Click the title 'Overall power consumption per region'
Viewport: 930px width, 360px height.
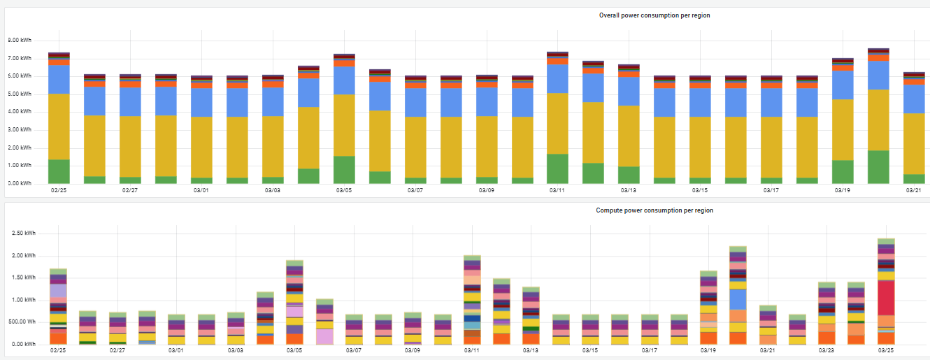(654, 15)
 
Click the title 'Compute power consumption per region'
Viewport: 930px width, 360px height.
(654, 210)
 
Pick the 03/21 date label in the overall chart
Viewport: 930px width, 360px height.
(913, 189)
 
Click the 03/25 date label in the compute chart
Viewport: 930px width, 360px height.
(886, 350)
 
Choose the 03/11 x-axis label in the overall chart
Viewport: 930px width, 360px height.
(557, 189)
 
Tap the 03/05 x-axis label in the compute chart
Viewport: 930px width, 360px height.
(294, 350)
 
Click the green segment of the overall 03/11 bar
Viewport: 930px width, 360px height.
(557, 168)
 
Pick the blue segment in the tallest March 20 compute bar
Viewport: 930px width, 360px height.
(738, 299)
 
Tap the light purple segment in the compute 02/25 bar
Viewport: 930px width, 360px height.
(59, 291)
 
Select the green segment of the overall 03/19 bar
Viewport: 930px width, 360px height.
(842, 172)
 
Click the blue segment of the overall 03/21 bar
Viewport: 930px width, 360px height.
(913, 99)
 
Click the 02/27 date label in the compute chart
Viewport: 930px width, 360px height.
(117, 350)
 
